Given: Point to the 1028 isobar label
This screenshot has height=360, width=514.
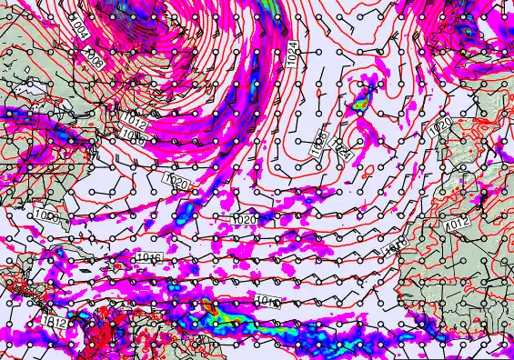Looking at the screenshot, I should [321, 141].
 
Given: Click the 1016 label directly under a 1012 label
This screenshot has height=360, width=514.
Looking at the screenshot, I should [134, 138].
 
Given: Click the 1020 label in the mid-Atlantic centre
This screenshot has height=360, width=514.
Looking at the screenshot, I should [245, 219].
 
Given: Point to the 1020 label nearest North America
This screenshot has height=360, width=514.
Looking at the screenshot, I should [177, 183].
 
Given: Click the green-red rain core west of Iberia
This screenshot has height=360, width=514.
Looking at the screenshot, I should [361, 103].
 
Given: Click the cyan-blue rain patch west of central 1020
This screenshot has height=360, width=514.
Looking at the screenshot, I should [185, 215].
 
